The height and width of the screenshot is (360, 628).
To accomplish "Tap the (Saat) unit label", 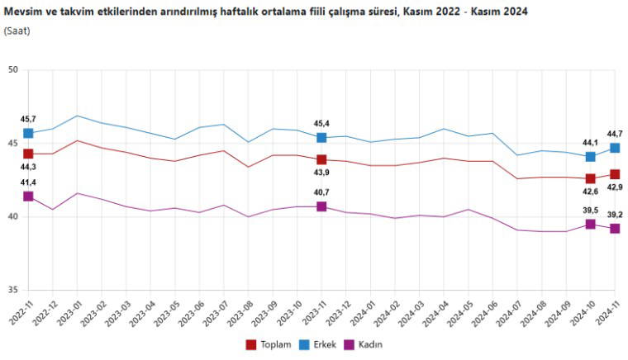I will [18, 31].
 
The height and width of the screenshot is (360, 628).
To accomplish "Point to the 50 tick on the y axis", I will [12, 70].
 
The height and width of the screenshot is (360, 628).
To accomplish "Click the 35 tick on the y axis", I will [12, 290].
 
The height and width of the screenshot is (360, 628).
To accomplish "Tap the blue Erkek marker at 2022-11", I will [28, 133].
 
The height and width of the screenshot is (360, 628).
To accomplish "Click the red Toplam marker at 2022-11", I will [28, 154].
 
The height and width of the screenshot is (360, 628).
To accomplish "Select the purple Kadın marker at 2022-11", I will [28, 197].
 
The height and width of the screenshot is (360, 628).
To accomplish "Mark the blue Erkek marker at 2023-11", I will [321, 137].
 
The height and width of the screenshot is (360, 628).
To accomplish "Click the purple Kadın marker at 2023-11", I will [321, 206].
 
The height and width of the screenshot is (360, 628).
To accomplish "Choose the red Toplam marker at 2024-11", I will [615, 174].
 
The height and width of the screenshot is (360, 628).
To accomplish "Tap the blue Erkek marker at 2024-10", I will [591, 157].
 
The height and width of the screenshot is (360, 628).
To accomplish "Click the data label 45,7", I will [28, 120].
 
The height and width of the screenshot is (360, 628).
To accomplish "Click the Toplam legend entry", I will [269, 344].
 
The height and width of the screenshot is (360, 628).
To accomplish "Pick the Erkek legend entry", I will [317, 344].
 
